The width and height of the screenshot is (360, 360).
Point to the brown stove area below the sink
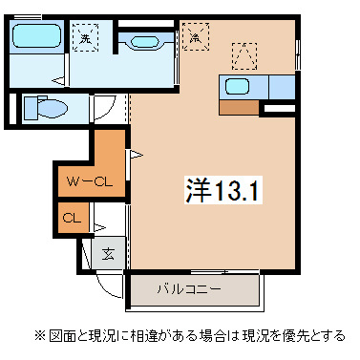[239, 107]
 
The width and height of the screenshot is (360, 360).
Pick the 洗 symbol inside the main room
[196, 38]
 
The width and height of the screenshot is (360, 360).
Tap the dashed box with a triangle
[244, 54]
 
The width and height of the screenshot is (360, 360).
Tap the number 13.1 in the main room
[235, 190]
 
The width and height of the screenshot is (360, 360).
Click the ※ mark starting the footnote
[39, 336]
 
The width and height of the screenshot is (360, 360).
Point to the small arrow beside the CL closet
[98, 226]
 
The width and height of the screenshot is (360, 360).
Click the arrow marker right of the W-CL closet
[135, 153]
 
